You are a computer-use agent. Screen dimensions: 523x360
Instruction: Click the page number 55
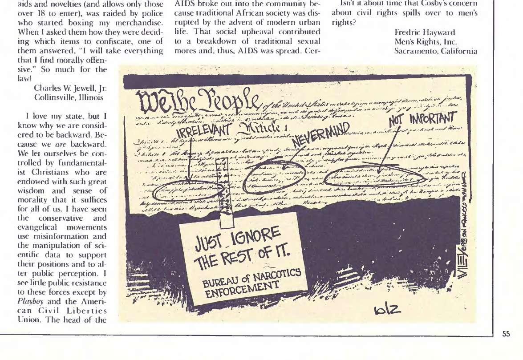coord(506,334)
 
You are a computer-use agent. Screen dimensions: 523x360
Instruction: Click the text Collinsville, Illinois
coord(68,97)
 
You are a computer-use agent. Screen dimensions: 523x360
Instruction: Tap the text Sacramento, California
coord(436,51)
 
